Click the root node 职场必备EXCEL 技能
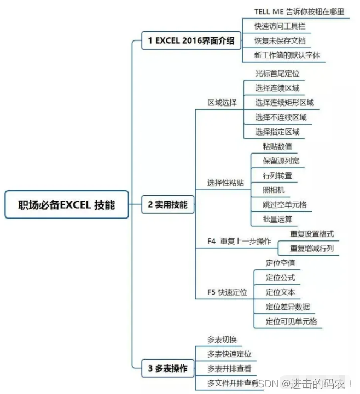tap(67, 205)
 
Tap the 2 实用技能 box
tap(167, 205)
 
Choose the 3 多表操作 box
tap(167, 368)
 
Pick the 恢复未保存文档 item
tap(280, 40)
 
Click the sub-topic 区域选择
tap(222, 102)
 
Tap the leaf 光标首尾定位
tap(277, 73)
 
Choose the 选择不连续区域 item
tap(281, 117)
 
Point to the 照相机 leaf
tap(274, 190)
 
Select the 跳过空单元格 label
tap(284, 205)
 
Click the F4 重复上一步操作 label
tap(239, 241)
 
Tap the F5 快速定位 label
tap(227, 292)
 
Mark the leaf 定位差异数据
tap(288, 307)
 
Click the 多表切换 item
tap(222, 339)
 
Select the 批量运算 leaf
tap(277, 220)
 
